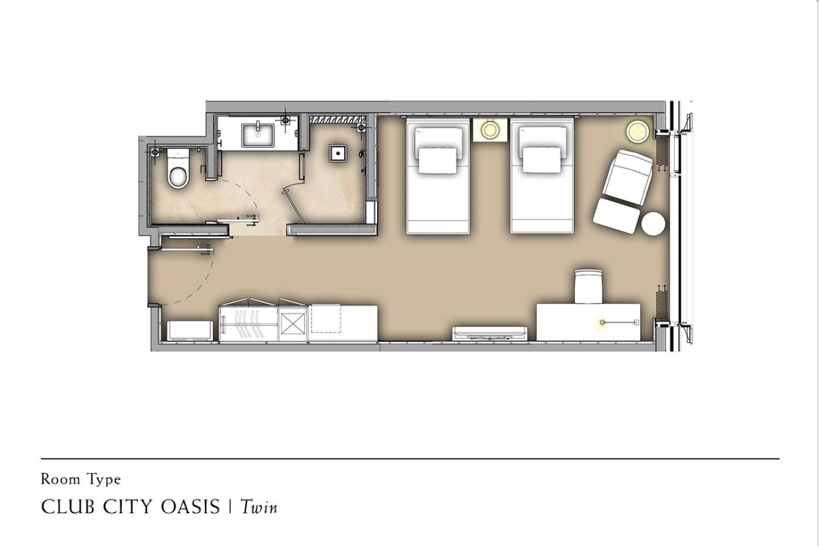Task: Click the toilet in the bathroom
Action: [x=179, y=169]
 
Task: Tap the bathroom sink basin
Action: [x=258, y=135]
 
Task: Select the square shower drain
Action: [x=337, y=153]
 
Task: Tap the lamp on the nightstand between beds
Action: [x=490, y=130]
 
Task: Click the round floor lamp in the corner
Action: [x=637, y=131]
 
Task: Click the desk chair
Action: [x=588, y=286]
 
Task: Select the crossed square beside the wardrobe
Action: [x=292, y=324]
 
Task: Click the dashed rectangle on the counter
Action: [x=326, y=319]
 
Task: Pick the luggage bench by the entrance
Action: [x=190, y=331]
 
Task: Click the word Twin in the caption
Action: [x=259, y=507]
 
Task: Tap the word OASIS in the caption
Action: [x=190, y=507]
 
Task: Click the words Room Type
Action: [x=81, y=479]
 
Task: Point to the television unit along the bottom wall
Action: [x=490, y=334]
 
